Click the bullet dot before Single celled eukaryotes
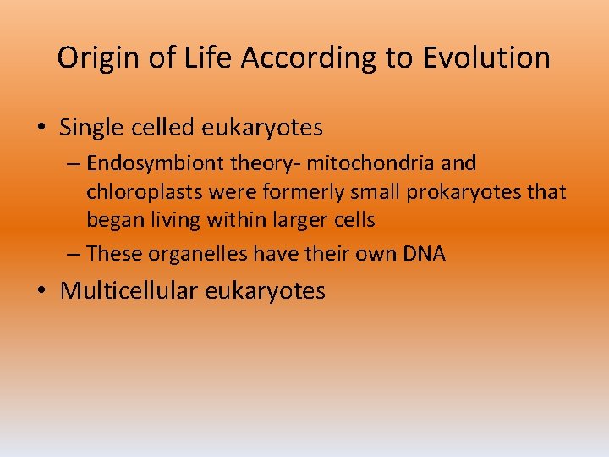click(x=42, y=129)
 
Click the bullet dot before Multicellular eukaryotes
click(x=42, y=291)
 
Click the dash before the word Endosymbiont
click(x=74, y=163)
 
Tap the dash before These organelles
click(x=74, y=253)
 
